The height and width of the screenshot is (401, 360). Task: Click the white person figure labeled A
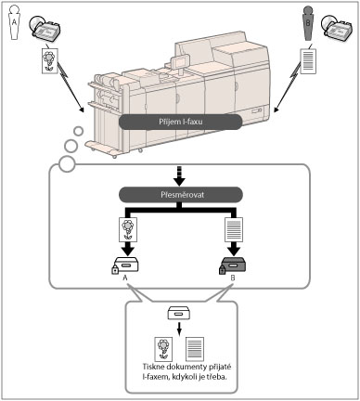click(14, 22)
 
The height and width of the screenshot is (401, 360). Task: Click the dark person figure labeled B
click(308, 23)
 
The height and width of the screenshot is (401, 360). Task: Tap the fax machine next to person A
click(45, 30)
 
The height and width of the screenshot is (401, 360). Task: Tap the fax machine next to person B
click(337, 30)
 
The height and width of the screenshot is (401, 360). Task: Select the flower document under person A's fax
click(50, 60)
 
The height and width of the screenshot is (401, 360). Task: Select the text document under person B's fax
click(308, 60)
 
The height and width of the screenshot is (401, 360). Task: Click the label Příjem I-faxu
click(181, 122)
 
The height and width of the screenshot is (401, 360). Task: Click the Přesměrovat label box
click(181, 195)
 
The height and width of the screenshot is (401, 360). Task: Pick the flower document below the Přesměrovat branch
click(128, 229)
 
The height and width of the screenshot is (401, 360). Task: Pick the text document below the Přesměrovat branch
click(234, 229)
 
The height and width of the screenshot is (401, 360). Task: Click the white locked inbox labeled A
click(126, 265)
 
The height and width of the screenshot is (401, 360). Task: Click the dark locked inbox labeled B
click(234, 265)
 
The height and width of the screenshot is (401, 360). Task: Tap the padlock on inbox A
click(115, 269)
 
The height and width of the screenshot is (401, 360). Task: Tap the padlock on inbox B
click(223, 269)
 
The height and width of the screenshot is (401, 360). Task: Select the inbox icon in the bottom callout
click(179, 313)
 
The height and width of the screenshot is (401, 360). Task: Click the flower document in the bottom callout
click(163, 349)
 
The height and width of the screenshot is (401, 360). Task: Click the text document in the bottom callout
click(195, 349)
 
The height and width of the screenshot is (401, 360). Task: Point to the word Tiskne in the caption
click(153, 367)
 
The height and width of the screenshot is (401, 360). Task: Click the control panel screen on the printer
click(181, 62)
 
